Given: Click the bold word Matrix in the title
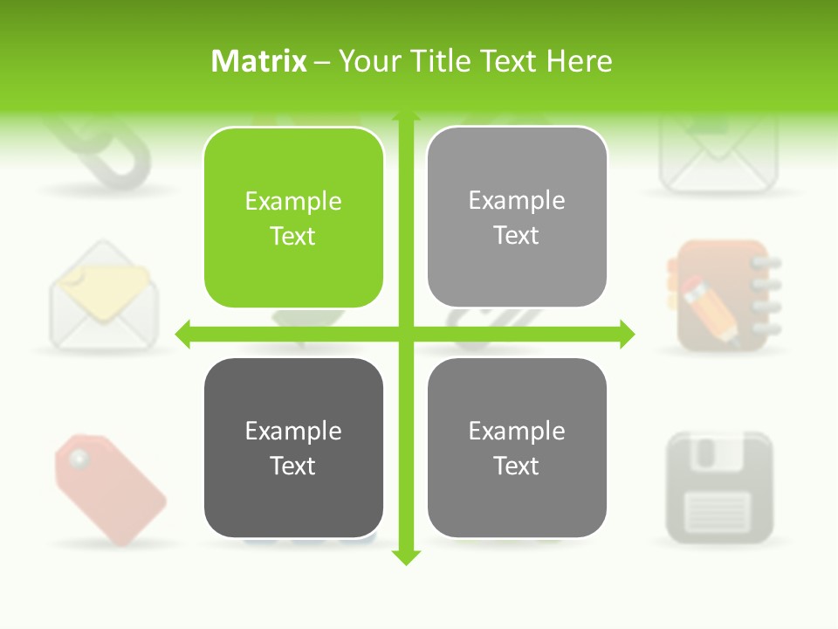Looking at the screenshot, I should (x=258, y=61).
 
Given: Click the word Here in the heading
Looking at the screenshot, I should (x=580, y=61).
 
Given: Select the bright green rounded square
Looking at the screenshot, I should (x=293, y=218).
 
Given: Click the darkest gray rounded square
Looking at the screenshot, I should (x=293, y=447).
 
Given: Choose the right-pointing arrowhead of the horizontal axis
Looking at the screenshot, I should (x=627, y=334).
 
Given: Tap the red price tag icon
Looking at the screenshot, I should (x=109, y=488).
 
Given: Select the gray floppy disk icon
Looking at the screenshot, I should (x=719, y=487).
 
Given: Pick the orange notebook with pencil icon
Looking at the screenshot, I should (x=723, y=295).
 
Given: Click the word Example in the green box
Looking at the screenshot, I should (x=293, y=201).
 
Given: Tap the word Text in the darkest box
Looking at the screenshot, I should (x=293, y=466).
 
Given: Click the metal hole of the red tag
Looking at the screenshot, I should (x=79, y=457).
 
